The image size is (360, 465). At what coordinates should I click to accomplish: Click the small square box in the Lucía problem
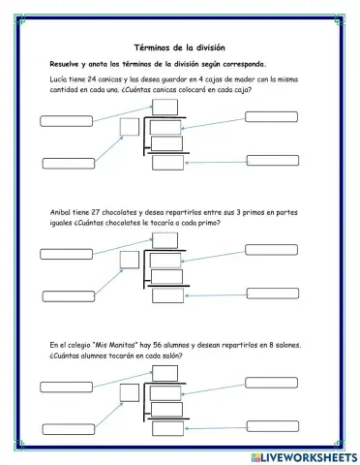point(128,125)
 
